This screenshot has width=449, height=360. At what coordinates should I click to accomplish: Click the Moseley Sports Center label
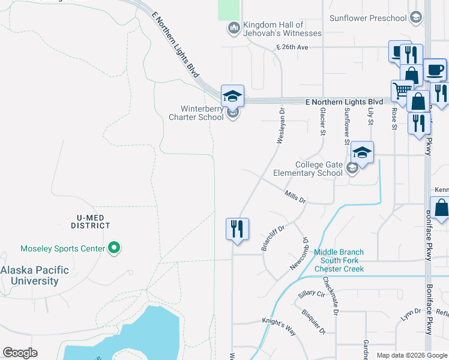(62, 248)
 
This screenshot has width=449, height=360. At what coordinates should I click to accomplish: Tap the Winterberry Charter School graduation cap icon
(232, 96)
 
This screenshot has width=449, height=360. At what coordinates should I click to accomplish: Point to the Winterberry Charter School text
(202, 113)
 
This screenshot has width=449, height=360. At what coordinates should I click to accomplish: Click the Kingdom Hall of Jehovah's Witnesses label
(282, 29)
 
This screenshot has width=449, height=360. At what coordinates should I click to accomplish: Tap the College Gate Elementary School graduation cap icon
(361, 152)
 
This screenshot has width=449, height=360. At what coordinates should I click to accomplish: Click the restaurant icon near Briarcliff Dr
(237, 229)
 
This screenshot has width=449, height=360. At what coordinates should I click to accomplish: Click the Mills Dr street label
(295, 197)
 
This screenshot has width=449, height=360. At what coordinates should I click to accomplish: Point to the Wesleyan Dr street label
(280, 125)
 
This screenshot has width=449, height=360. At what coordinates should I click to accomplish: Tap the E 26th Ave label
(292, 47)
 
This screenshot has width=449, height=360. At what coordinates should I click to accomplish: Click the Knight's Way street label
(279, 325)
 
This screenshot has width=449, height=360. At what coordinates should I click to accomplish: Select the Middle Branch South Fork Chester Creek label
(339, 260)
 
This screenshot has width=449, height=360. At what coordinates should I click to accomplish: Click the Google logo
(20, 353)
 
